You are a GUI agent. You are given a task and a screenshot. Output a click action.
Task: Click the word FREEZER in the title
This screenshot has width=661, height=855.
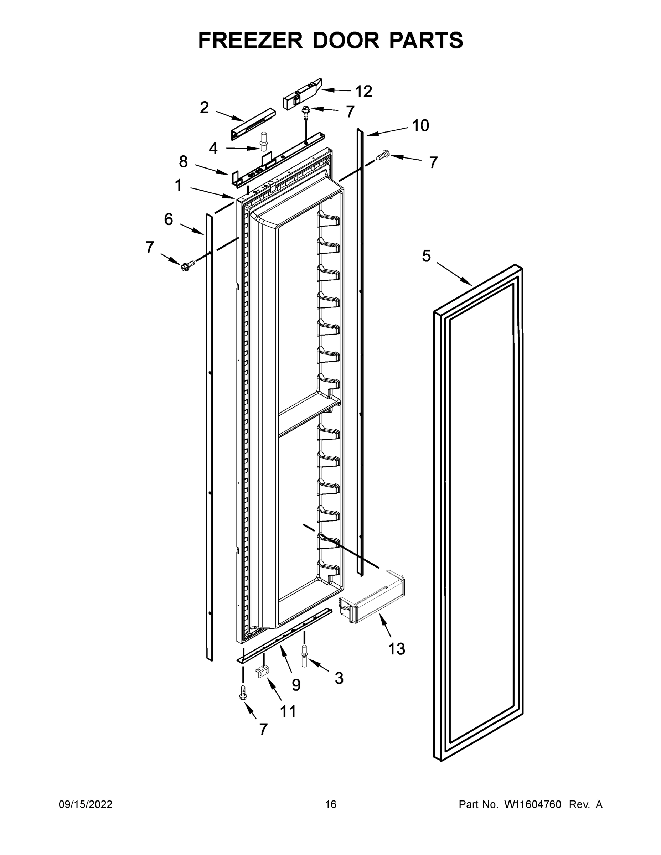(x=250, y=40)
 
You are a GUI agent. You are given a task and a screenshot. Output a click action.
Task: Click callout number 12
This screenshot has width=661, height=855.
(x=363, y=92)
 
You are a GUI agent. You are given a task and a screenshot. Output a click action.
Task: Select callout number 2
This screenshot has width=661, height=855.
(x=205, y=107)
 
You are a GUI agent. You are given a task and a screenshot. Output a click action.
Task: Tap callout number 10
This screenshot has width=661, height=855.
(x=420, y=126)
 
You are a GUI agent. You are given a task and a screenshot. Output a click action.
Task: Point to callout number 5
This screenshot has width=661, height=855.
(x=427, y=256)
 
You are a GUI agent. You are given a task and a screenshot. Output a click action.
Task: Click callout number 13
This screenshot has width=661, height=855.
(x=396, y=649)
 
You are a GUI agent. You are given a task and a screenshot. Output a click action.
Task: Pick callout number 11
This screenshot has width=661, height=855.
(x=288, y=711)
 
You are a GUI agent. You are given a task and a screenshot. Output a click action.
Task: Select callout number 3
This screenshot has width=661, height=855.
(x=339, y=678)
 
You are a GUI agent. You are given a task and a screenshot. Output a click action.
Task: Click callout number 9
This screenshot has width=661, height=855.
(x=296, y=685)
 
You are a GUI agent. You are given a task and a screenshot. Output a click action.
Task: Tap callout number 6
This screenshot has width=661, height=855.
(x=169, y=219)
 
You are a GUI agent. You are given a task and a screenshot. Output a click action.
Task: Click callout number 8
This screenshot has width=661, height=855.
(x=183, y=162)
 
